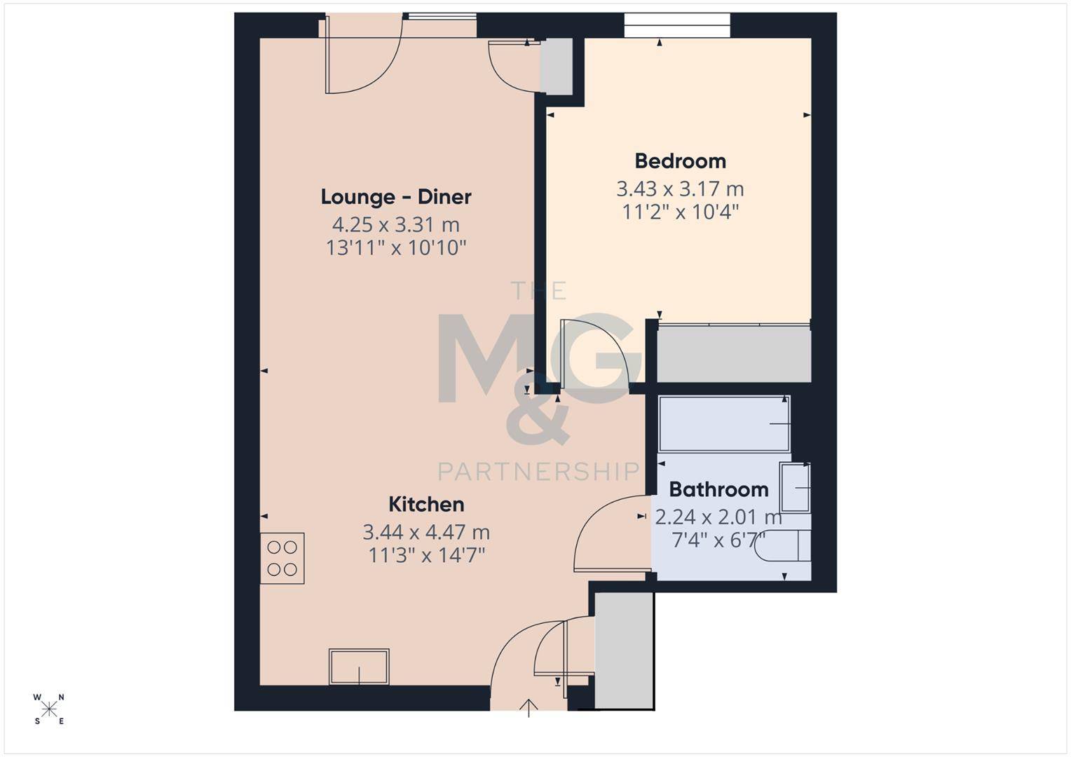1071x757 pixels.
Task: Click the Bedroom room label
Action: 680,161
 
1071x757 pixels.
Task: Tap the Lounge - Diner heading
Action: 396,197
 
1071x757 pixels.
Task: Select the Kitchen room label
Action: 426,505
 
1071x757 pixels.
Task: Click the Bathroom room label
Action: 718,489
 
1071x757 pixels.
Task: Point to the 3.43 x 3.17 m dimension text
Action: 680,189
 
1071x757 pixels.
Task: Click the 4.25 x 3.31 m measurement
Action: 396,225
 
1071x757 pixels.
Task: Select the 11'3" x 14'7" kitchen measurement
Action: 427,556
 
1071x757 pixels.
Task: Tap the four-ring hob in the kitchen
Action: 282,558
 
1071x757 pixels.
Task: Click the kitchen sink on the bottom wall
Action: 359,667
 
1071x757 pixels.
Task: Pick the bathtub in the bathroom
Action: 724,423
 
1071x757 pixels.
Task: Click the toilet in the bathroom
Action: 785,546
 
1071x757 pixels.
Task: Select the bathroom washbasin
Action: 796,487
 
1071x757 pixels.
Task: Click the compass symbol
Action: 49,709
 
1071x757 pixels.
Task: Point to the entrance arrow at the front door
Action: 528,707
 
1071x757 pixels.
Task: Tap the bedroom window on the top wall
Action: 677,26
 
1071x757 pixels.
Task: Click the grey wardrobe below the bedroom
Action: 734,354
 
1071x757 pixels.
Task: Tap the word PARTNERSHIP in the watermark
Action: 538,471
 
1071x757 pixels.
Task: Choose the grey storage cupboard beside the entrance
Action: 624,650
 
